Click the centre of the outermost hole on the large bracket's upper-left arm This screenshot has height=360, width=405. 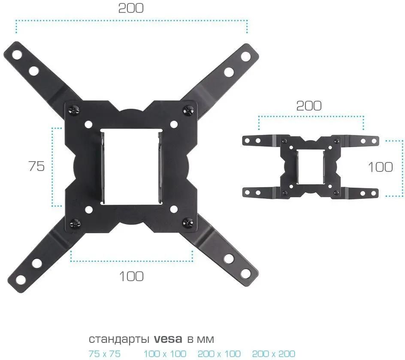17,54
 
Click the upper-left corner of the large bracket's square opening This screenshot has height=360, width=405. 101,129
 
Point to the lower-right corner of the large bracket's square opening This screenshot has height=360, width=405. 163,205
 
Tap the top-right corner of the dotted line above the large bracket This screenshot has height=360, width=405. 247,20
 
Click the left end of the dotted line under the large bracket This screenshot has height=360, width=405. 71,261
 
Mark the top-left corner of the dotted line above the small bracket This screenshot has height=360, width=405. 259,117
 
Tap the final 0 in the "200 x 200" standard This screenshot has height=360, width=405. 291,353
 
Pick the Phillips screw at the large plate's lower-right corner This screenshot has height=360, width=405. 188,222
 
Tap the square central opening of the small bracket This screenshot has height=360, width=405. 311,166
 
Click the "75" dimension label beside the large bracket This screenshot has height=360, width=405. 36,166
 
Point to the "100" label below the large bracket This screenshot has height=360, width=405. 131,276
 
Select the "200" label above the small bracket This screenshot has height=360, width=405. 308,106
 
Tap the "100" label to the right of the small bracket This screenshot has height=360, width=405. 380,167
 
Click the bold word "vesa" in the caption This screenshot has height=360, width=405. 168,339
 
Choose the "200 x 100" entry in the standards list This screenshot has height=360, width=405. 219,353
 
